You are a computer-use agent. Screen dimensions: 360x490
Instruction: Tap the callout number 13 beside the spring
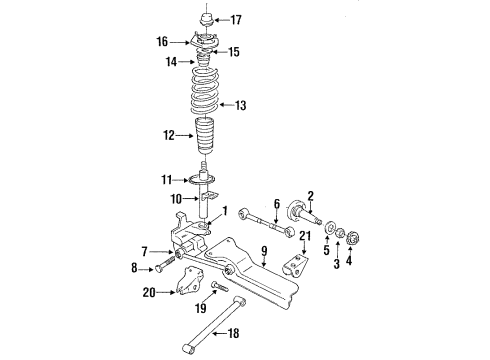240,104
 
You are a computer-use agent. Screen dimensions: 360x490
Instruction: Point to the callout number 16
162,42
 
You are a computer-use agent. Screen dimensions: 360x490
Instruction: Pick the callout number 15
237,52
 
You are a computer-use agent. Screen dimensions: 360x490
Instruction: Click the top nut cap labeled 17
205,17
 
